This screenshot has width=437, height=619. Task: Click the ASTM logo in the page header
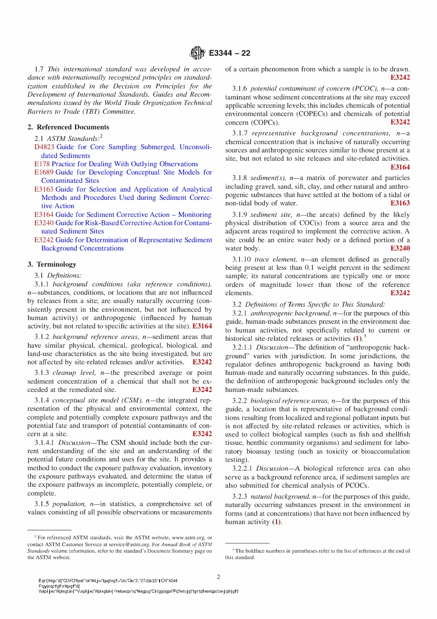(x=197, y=53)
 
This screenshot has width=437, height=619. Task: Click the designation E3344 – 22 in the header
(x=230, y=53)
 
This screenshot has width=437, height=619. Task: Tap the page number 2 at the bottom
(x=218, y=577)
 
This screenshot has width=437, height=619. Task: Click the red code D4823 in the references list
(x=44, y=147)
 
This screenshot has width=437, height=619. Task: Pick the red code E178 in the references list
(x=42, y=164)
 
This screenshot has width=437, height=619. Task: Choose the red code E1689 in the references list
(x=44, y=172)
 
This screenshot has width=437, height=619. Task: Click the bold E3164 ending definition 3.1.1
(x=202, y=326)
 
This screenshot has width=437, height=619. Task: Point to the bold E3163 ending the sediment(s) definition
(x=400, y=203)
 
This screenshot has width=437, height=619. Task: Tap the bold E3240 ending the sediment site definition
(x=400, y=248)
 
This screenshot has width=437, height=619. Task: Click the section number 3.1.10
(x=241, y=259)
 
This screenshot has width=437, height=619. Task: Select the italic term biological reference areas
(x=289, y=401)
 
